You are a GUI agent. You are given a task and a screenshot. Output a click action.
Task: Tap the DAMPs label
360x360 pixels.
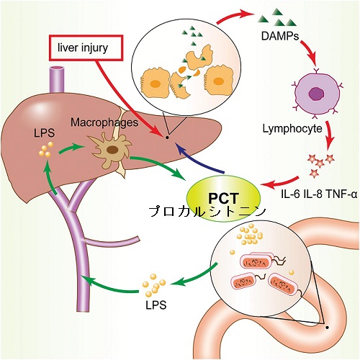[x=280, y=36]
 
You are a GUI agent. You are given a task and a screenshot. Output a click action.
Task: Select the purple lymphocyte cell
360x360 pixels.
[x=318, y=93]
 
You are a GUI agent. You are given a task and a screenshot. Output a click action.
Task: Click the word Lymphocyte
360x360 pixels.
[x=292, y=129]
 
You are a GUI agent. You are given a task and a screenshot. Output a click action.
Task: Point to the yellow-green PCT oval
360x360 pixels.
[x=224, y=198]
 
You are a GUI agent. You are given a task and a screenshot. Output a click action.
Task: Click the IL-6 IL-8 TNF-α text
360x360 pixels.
[x=319, y=194]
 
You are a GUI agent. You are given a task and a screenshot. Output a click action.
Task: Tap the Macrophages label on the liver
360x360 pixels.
[x=104, y=122]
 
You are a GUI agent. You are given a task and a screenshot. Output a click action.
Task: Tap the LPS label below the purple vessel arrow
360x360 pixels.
[x=156, y=305]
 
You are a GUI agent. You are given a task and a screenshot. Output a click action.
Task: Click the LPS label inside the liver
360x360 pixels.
[x=45, y=133]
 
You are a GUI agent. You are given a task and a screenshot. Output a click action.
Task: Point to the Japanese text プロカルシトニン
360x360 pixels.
[x=207, y=212]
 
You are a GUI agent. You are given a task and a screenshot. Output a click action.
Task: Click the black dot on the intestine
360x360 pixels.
[x=327, y=327]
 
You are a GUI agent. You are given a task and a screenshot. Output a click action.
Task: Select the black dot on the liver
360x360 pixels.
[x=167, y=138]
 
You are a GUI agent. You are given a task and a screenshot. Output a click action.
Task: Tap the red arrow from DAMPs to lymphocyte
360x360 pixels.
[x=311, y=52]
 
